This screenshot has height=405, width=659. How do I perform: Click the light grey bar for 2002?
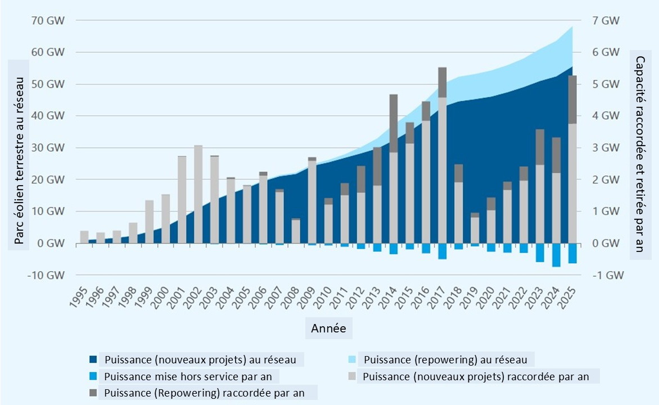click(x=198, y=194)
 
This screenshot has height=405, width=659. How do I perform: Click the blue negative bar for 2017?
click(x=443, y=251)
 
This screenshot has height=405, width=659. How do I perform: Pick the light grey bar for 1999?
click(x=149, y=222)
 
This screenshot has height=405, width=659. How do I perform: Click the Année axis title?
click(x=329, y=327)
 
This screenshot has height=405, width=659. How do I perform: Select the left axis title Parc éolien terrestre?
click(x=20, y=152)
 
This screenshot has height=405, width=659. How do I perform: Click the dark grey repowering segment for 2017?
click(x=443, y=82)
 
